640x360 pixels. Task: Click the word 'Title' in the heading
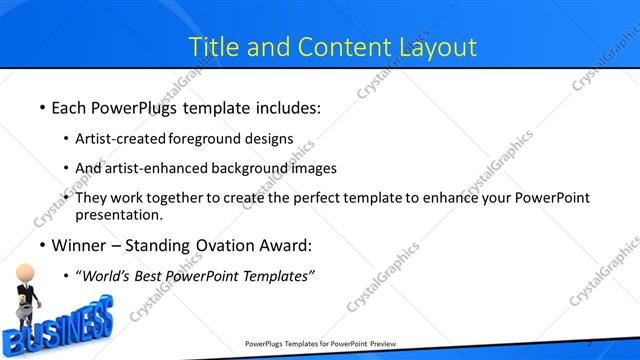215,46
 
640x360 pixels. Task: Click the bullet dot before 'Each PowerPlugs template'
41,107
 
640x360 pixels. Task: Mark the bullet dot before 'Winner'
41,246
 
